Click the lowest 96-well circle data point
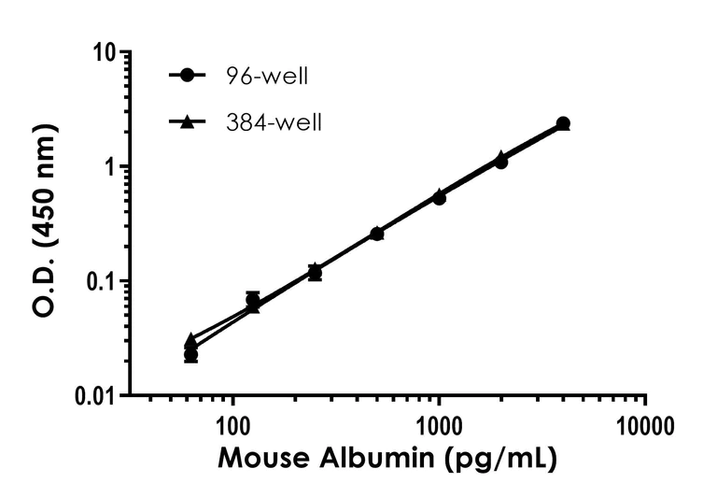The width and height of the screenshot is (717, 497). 190,355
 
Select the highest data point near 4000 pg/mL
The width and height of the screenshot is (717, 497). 563,123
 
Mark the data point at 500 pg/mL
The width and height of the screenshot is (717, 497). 376,234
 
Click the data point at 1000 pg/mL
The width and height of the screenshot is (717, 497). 439,197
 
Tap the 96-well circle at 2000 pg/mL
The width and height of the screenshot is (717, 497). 501,163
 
